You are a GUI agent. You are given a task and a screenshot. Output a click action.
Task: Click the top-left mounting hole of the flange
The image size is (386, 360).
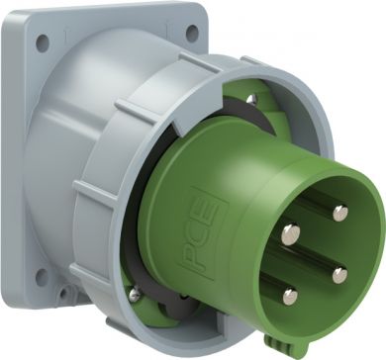point(43,44)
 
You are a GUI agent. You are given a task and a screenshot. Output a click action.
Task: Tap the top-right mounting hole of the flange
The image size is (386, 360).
point(192,33)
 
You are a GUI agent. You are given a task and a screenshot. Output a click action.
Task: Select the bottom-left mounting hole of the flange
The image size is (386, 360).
point(42,277)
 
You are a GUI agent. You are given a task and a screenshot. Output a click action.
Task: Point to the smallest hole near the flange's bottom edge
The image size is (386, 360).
point(63,292)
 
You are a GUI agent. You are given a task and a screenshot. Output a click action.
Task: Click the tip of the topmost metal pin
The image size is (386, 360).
point(340,213)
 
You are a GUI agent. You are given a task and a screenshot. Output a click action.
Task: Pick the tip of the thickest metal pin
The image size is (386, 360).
point(291,233)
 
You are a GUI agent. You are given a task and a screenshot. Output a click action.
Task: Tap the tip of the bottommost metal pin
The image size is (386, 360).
point(290,296)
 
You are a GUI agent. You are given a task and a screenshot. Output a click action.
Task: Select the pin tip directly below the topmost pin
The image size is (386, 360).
point(339,275)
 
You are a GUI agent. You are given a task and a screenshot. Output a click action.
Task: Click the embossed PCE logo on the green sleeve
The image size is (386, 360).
point(204,233)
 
